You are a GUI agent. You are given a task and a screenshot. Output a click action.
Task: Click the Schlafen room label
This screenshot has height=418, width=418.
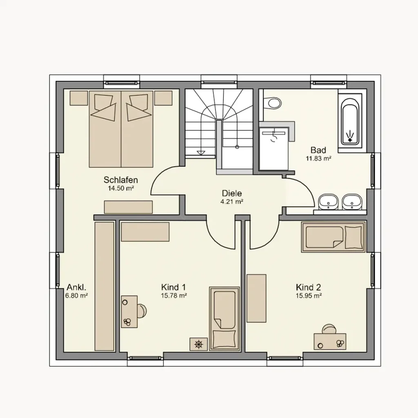120,180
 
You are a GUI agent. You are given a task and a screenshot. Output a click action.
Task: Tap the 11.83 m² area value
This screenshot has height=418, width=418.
318,159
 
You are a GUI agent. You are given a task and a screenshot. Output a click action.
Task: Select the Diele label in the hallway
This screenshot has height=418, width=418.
232,193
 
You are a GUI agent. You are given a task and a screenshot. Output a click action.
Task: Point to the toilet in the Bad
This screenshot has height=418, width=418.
273,103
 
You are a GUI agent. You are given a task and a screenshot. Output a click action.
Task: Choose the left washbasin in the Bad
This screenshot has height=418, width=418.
328,202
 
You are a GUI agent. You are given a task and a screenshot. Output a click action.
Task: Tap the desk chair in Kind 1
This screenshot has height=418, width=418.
142,311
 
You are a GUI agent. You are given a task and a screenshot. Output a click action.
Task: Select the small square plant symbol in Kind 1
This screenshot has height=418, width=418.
199,344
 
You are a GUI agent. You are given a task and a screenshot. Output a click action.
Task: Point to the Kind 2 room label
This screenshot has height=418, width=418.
309,287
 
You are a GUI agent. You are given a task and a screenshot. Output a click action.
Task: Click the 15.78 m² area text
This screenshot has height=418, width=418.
174,296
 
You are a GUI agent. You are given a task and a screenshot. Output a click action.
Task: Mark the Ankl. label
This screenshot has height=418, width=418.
76,287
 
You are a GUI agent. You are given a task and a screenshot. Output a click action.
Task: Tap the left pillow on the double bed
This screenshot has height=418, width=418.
105,107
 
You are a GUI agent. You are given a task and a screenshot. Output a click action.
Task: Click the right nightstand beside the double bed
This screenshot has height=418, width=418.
163,98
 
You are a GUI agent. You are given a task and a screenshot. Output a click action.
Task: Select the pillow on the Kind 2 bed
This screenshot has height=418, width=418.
353,237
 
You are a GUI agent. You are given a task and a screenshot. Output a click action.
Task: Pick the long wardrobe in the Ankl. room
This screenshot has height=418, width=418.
104,286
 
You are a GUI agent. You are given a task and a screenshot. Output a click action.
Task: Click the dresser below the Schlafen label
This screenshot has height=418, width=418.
128,207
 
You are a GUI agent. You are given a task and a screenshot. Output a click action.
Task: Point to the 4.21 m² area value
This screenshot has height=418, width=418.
232,202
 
